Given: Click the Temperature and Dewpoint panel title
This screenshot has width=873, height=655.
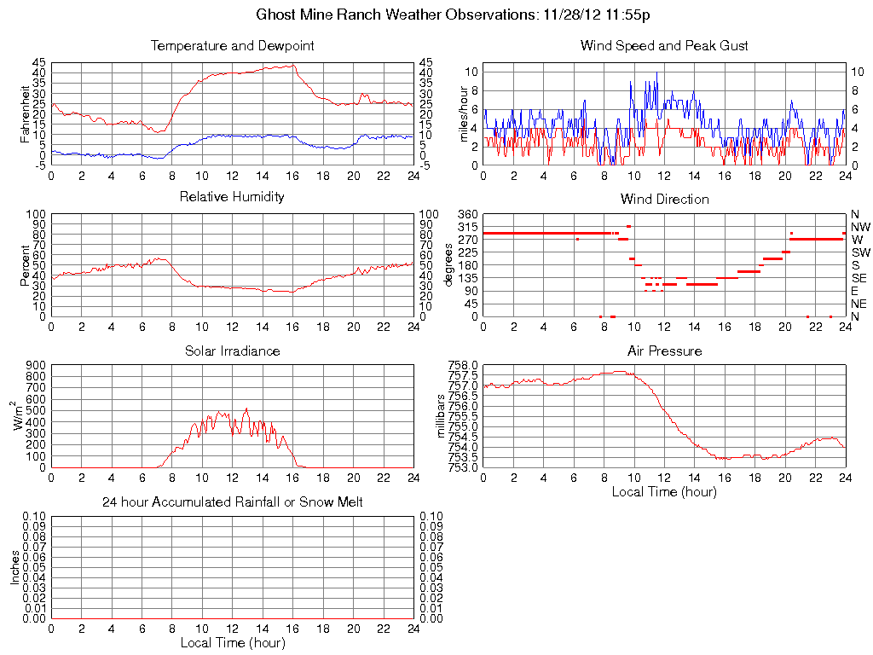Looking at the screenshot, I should [232, 45].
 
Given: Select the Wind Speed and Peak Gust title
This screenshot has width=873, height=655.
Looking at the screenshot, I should [664, 45].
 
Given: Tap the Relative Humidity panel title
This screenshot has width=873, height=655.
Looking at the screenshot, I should [232, 197].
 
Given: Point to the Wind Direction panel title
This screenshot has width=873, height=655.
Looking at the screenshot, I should [664, 199].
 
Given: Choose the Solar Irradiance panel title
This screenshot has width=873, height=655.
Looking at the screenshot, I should [232, 351].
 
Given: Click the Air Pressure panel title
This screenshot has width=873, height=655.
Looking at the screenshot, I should [664, 351].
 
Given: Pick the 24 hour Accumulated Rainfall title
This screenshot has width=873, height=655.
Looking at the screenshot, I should [232, 502].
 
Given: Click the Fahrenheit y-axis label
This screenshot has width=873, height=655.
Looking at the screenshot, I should [26, 113].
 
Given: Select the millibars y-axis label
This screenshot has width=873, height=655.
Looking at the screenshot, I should [442, 416].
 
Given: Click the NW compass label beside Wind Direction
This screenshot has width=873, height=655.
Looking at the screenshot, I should [860, 227].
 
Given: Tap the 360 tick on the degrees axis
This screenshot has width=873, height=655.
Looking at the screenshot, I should [467, 213].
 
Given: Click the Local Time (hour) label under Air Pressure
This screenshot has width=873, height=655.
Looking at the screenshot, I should [664, 491].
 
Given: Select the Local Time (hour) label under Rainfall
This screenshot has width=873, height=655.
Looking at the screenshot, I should [232, 642].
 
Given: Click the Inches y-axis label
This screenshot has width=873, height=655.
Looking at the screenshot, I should [14, 567].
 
